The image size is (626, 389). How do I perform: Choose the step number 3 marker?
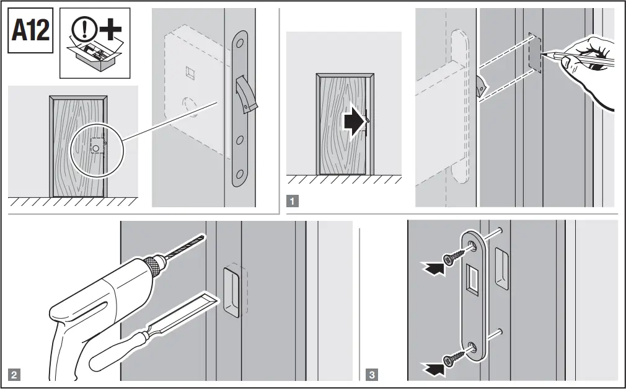pos(371,374)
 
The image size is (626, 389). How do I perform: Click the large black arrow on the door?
pos(351,123)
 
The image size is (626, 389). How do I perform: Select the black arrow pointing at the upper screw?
pos(432,267)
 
